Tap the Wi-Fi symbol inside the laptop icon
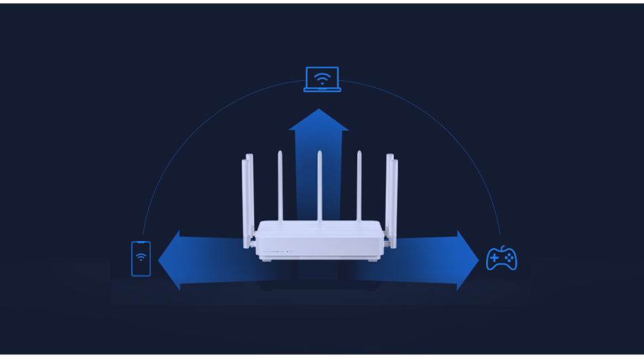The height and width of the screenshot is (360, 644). tap(322, 77)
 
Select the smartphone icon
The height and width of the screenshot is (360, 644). tap(141, 258)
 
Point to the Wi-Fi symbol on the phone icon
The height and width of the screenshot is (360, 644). tap(141, 257)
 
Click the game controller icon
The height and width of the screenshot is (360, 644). tap(502, 258)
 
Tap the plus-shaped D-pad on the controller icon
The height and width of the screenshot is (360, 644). tap(495, 258)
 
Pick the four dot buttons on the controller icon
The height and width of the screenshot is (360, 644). tap(509, 258)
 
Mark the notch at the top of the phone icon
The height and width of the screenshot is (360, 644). tap(141, 243)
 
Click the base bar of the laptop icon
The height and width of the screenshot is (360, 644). tap(322, 89)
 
